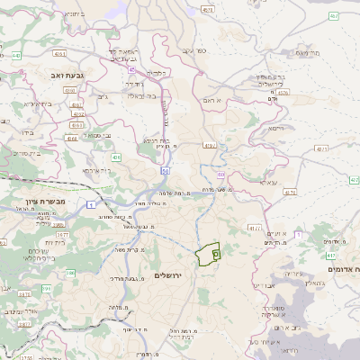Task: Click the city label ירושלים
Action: pyautogui.click(x=168, y=274)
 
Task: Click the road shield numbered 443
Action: pyautogui.click(x=17, y=55)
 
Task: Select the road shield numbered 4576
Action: pyautogui.click(x=283, y=92)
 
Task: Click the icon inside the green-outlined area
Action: pyautogui.click(x=215, y=255)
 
